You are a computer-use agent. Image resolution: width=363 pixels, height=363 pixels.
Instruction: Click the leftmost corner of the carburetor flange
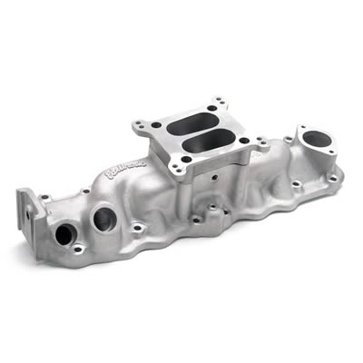[143, 126]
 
